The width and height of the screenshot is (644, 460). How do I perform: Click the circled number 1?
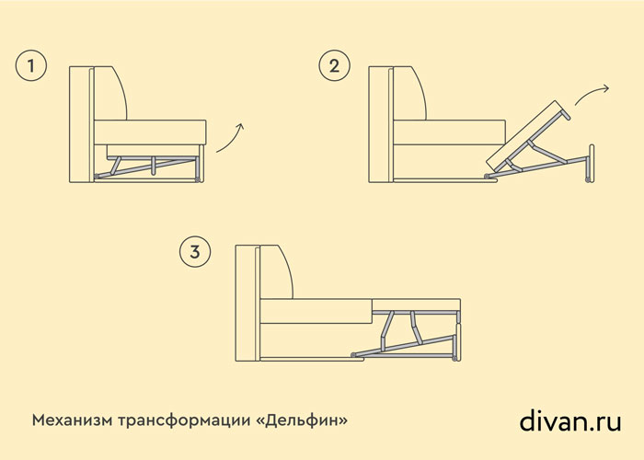(31, 65)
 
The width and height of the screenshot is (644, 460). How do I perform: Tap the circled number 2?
(334, 65)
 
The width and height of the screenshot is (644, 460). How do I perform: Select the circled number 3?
(195, 251)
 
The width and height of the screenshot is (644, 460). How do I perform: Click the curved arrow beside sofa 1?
(231, 138)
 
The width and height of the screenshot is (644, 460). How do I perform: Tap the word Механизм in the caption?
(72, 420)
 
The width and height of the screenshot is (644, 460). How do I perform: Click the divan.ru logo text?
(570, 420)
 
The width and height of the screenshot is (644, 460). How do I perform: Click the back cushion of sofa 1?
(109, 93)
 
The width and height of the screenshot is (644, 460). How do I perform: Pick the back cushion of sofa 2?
(408, 93)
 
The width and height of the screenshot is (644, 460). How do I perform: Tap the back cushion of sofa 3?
(275, 272)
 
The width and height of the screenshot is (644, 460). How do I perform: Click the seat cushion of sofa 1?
(150, 132)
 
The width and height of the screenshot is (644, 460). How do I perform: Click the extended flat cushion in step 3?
(416, 305)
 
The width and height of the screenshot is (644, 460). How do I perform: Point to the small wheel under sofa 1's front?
(198, 179)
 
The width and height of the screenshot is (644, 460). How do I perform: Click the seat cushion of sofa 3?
(316, 311)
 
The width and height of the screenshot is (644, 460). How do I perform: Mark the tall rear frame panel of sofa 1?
(82, 124)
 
